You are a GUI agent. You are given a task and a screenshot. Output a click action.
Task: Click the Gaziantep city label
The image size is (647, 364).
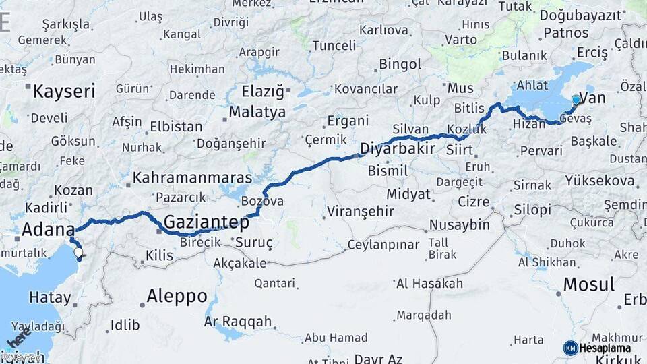[206, 222]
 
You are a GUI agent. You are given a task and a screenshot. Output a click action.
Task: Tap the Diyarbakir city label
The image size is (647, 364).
[398, 148]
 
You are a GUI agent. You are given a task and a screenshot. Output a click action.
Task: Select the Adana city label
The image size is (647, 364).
[47, 229]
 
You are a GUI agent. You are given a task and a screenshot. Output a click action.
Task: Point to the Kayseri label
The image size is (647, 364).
[64, 91]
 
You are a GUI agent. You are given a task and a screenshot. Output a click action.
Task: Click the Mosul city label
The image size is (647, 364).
[588, 284]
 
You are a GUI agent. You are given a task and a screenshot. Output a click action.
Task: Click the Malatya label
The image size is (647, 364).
[257, 112]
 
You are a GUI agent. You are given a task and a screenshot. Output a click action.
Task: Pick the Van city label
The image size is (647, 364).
[592, 98]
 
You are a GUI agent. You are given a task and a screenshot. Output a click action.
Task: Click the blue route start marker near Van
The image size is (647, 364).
[576, 100]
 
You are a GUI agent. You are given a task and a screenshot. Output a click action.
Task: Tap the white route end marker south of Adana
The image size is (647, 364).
[79, 253]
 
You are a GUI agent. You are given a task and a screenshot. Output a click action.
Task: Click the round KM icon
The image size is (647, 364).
[570, 348]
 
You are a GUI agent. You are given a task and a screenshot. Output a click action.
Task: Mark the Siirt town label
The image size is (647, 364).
[459, 150]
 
